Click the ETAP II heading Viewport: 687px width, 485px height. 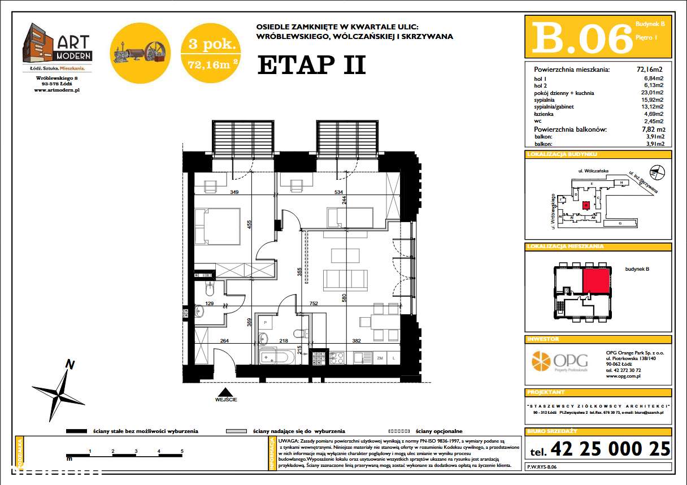click(x=311, y=65)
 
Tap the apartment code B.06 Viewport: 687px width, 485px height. click(x=582, y=38)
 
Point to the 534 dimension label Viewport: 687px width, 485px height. click(x=338, y=192)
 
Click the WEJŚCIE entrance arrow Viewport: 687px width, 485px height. click(x=225, y=392)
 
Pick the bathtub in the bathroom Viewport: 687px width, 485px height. click(x=276, y=358)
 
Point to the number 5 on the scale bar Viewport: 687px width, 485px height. click(x=182, y=451)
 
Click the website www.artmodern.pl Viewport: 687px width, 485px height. click(x=56, y=90)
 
